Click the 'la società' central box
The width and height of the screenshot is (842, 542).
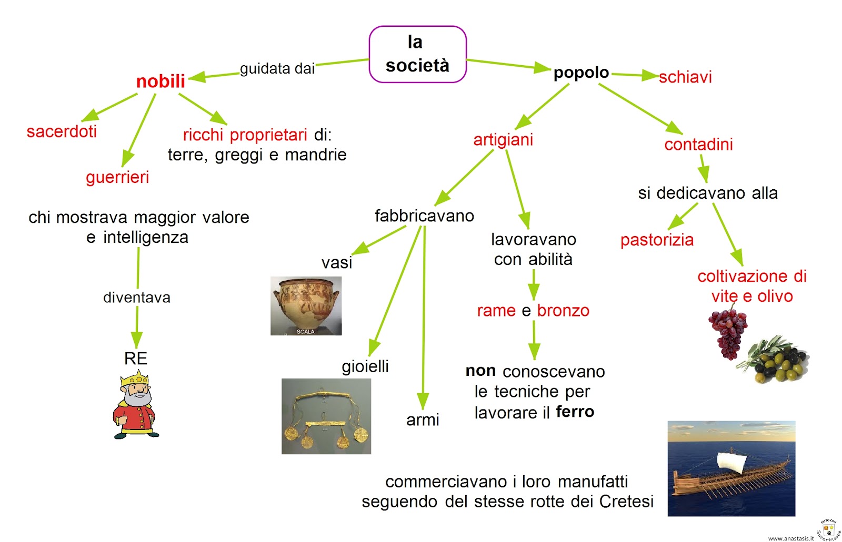point(417,54)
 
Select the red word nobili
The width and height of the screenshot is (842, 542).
point(161,81)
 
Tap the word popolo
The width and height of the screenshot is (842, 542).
point(581,73)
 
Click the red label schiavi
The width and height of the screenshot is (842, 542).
point(685,77)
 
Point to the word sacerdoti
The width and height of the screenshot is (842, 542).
point(62,131)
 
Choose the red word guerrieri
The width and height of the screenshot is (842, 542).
point(117,177)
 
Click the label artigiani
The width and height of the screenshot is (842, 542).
point(503,140)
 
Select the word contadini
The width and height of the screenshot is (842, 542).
point(698,145)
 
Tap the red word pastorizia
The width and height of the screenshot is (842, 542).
point(657,240)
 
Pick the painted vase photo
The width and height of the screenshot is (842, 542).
point(306,305)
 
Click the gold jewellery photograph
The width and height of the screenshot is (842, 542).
point(326,416)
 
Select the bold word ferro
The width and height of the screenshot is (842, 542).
point(575,412)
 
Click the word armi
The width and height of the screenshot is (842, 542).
point(423,420)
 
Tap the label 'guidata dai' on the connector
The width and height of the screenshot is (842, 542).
point(277,69)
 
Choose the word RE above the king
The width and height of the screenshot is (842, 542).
point(135,359)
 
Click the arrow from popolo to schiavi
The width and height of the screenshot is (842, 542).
point(635,76)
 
